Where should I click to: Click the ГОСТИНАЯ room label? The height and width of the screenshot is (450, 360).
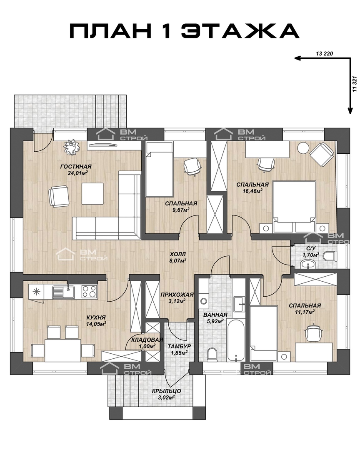coord(76,166)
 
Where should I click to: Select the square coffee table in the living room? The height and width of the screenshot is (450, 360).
coord(92,194)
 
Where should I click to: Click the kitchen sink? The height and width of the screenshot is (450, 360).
coord(63,292)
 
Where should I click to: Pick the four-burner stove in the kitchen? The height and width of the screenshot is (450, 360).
coord(90,292)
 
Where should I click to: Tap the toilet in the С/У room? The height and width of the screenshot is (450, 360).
coord(330,256)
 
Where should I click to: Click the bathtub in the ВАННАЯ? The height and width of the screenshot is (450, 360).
coord(235,340)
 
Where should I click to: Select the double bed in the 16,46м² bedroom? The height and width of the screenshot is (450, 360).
coord(293,201)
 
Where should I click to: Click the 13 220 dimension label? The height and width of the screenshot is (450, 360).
coord(325,54)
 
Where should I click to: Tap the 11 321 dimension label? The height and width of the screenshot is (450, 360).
coord(355,84)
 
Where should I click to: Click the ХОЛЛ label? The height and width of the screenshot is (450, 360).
coord(177,254)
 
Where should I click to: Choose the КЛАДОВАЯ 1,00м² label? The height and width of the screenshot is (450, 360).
coord(147,343)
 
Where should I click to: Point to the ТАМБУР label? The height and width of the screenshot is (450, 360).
coord(179,347)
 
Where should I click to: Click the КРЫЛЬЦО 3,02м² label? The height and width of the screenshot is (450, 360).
coord(167,394)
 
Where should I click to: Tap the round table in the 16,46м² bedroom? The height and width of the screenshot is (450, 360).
coord(303,148)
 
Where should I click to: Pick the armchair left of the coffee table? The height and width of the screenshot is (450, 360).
coord(59,196)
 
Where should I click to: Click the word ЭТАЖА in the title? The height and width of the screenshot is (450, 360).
coord(240,31)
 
